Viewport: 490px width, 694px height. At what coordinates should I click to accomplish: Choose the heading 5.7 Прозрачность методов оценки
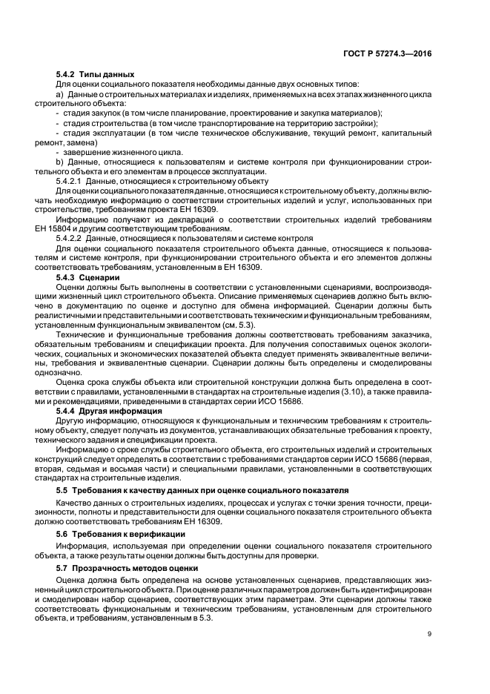coord(124,566)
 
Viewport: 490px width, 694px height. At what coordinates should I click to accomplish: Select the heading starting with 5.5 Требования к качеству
coord(199,492)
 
